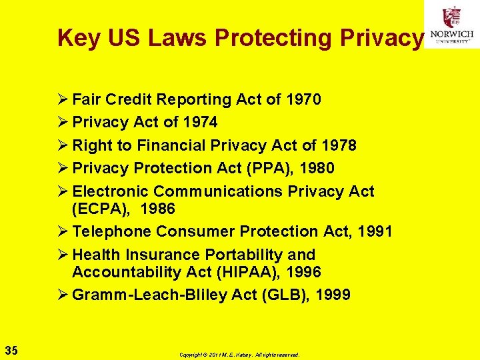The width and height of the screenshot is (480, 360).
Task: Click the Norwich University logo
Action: [x=452, y=25]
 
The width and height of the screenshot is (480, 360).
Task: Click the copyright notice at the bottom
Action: [x=239, y=355]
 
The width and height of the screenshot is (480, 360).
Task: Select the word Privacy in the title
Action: [x=380, y=39]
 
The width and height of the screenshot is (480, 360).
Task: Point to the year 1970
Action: [x=303, y=100]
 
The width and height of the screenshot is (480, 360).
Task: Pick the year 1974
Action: [x=199, y=123]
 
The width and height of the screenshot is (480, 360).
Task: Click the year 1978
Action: [x=338, y=145]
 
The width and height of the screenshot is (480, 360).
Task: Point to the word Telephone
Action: [x=112, y=231]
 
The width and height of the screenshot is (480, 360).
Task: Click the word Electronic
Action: [x=111, y=191]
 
